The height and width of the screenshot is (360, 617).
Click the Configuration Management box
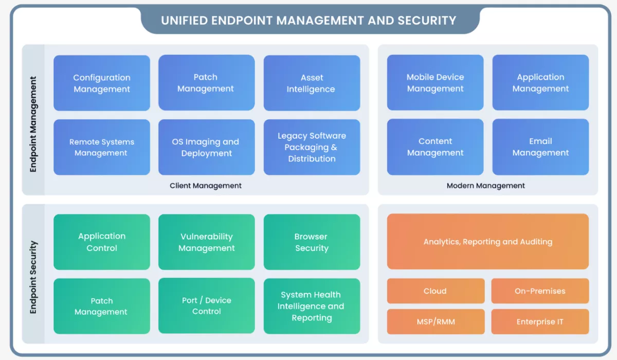[x=102, y=83]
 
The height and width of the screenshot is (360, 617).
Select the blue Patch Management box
[x=206, y=83]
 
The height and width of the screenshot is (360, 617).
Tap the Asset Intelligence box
[x=312, y=83]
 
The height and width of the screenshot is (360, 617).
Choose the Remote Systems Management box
[x=102, y=147]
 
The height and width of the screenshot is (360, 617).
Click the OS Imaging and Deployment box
[x=206, y=147]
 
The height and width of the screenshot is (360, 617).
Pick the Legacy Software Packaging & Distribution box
[x=312, y=147]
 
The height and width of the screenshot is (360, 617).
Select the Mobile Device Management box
[x=435, y=83]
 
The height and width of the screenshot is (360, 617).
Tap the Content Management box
[x=435, y=147]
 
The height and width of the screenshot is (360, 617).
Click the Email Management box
[x=540, y=147]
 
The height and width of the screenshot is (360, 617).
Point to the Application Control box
[x=102, y=242]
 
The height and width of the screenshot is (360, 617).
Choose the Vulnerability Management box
[x=206, y=242]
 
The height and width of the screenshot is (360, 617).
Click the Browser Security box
[x=312, y=242]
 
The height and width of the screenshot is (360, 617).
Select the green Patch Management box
[x=102, y=306]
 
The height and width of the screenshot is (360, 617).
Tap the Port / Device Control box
[x=206, y=305]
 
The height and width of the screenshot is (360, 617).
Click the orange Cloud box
[x=435, y=291]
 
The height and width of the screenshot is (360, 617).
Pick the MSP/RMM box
[x=435, y=321]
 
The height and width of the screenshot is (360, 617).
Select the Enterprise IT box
[x=540, y=321]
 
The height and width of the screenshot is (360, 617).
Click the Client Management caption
[x=206, y=186]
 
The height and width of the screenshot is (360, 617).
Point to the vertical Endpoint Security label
[x=33, y=277]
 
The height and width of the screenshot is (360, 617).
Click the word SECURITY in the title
[x=427, y=21]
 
